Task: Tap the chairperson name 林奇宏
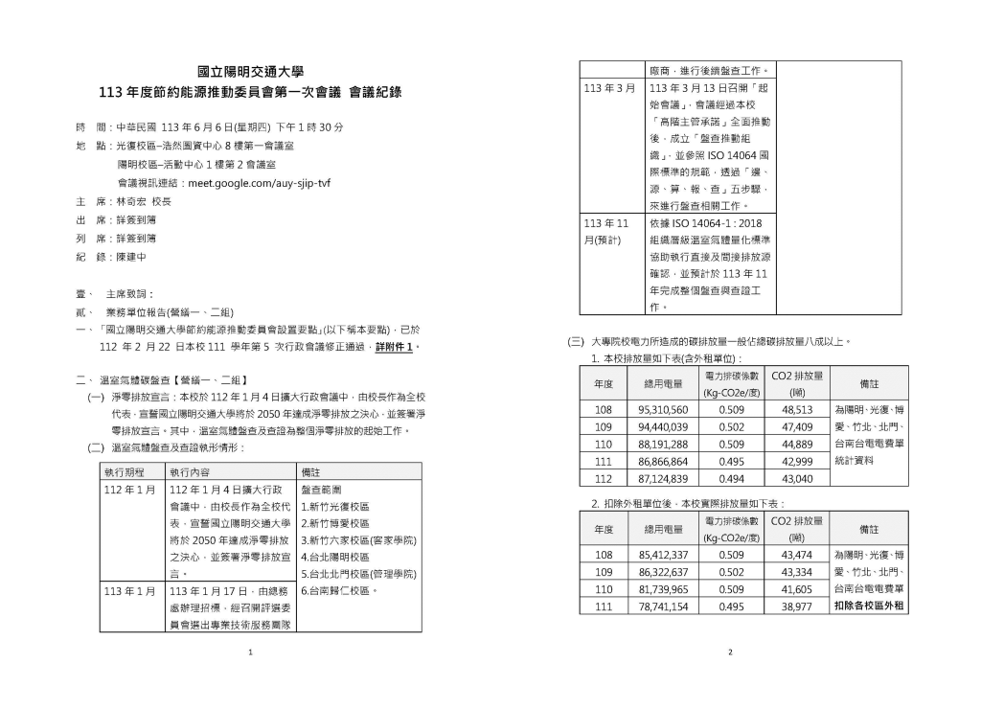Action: [x=133, y=202]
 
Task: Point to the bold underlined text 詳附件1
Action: [x=399, y=346]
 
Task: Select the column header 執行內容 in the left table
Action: [x=189, y=472]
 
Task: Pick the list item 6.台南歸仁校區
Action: [x=335, y=591]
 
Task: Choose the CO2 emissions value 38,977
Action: [x=796, y=606]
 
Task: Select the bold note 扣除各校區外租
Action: [x=868, y=606]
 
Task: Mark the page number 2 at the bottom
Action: [x=730, y=652]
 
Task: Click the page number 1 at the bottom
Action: [x=250, y=652]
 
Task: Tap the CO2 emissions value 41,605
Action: [x=796, y=589]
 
